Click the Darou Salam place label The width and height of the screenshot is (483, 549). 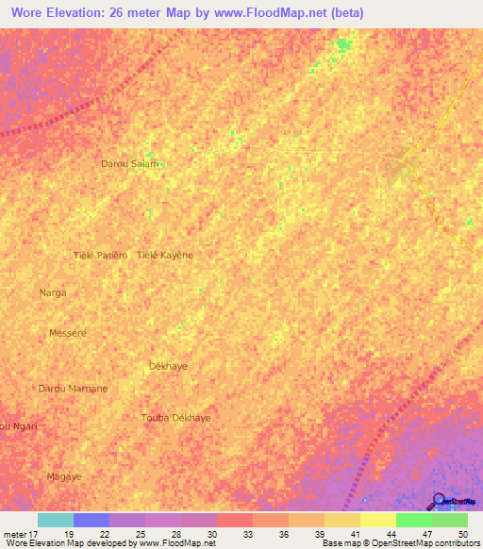click(x=129, y=164)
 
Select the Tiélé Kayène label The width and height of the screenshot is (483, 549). click(x=165, y=256)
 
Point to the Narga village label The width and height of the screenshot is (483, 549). click(x=53, y=293)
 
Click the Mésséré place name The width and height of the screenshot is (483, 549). click(x=67, y=333)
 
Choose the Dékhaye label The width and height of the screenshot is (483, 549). click(x=169, y=365)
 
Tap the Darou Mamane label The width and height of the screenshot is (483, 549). click(x=73, y=389)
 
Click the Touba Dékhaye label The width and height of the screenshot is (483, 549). click(x=175, y=417)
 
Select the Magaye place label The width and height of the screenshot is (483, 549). click(x=64, y=476)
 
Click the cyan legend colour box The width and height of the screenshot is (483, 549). click(x=55, y=520)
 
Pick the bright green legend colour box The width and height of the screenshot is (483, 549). click(x=413, y=520)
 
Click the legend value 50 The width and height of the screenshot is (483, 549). click(x=462, y=534)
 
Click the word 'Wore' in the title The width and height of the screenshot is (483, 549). click(x=27, y=13)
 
